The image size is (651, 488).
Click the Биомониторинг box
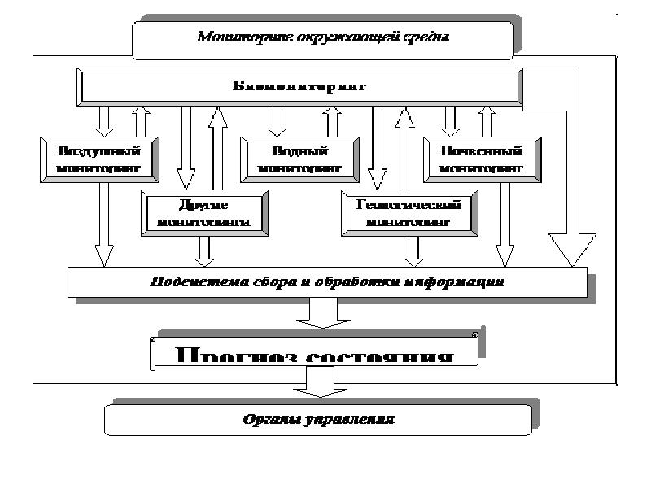click(x=299, y=85)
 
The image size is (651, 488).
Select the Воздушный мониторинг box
click(x=99, y=159)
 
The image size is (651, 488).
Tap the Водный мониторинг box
click(x=298, y=159)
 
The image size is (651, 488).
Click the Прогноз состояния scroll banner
click(x=314, y=355)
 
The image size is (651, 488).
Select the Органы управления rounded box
click(x=318, y=420)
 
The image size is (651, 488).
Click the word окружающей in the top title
click(x=356, y=37)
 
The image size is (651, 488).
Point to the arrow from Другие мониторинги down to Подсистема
click(x=204, y=250)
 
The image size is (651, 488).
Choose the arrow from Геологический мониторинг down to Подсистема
click(x=414, y=250)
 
